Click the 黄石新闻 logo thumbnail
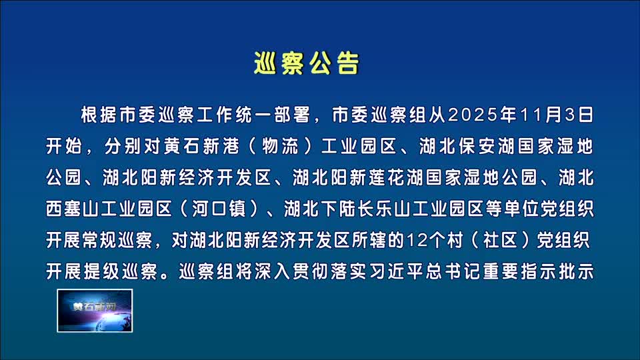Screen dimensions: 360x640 coord(95,310)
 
